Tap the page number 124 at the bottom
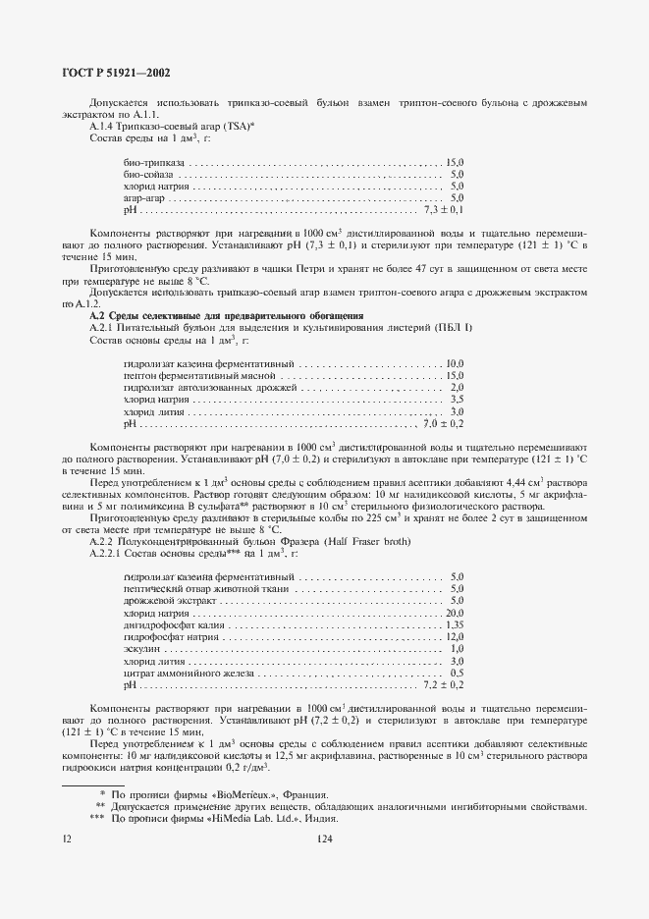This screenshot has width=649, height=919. pos(324,838)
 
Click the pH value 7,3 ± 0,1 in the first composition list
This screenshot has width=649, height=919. pos(444,210)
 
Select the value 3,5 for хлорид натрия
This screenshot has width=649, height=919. pos(456,400)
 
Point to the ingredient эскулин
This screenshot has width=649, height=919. pos(141,649)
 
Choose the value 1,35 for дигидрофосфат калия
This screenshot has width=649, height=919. pos(454,624)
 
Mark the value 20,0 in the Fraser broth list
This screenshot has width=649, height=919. pos(454,613)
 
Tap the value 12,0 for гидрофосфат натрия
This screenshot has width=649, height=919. pos(454,637)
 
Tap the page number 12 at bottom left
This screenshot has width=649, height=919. pos(67,838)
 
